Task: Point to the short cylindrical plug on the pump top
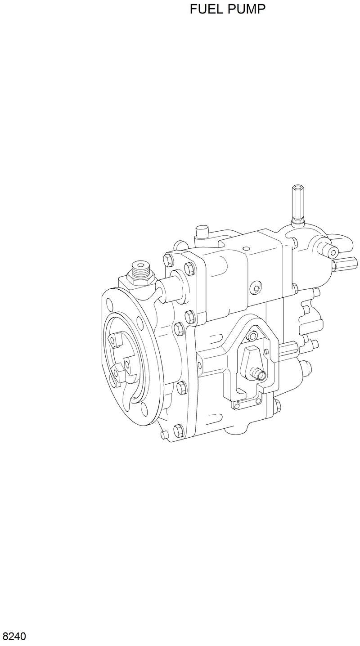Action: [202, 234]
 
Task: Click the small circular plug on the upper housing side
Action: [257, 287]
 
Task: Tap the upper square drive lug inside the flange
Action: [116, 338]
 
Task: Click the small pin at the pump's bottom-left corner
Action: [163, 435]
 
